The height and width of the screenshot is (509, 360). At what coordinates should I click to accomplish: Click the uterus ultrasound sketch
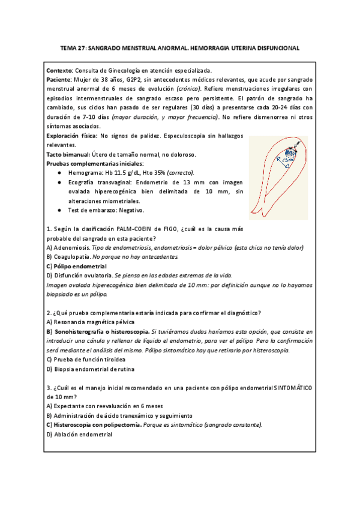[x=278, y=177]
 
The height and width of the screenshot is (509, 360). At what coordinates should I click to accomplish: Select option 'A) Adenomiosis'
[x=68, y=247]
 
